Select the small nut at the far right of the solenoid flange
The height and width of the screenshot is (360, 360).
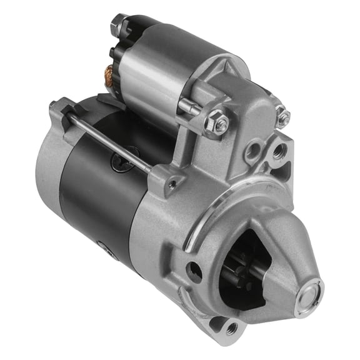pos(282,117)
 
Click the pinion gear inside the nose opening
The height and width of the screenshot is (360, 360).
pos(241,275)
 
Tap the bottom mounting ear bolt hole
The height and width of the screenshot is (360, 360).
pos(231,326)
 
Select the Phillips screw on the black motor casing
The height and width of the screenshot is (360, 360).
pos(120,162)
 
